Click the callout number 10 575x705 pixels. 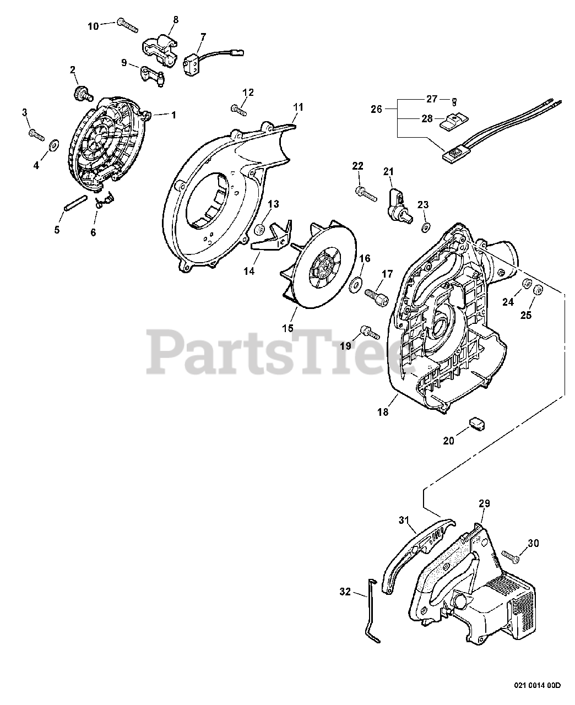click(x=93, y=26)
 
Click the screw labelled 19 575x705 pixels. click(x=368, y=332)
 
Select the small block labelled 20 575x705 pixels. click(x=476, y=423)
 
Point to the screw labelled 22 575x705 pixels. click(x=365, y=192)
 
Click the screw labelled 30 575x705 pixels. click(x=509, y=557)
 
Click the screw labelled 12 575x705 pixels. click(x=238, y=109)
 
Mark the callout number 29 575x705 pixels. click(x=484, y=503)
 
